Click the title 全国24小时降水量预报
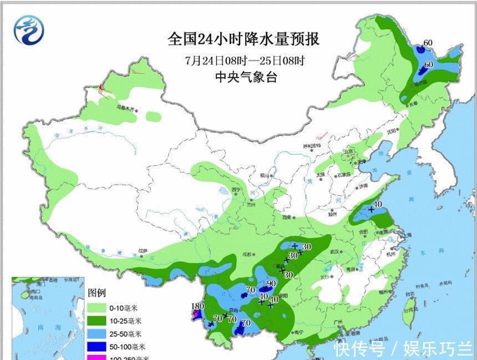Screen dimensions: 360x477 [x=244, y=40]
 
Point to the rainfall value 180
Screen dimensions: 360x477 [x=197, y=307]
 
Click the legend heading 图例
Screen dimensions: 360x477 [x=97, y=292]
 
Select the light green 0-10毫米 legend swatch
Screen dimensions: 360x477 [x=97, y=307]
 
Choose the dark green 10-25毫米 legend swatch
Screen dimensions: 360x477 [x=97, y=320]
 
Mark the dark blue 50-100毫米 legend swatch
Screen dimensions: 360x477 [x=97, y=347]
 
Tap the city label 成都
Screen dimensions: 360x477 [x=247, y=255]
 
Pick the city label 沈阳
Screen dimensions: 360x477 [x=392, y=131]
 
